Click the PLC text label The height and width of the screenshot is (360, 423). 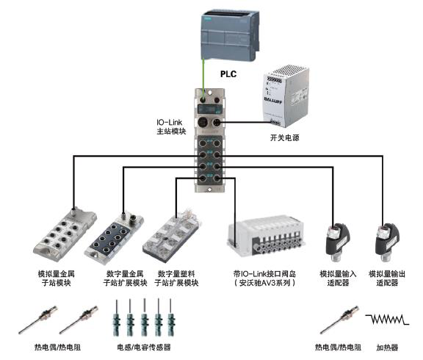pos(228,73)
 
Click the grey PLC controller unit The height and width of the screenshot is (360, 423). pos(230,35)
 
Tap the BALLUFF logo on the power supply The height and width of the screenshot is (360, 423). pos(272,101)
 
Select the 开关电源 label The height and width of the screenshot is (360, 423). pos(285,137)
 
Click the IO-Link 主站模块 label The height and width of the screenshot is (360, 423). pos(171,126)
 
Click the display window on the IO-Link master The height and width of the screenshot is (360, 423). pos(210,109)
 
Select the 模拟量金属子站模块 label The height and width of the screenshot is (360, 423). pos(56,278)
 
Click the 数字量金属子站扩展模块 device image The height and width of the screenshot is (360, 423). pos(114,237)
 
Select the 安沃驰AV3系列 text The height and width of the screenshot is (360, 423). pos(264,283)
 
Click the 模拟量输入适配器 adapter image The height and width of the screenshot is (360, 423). pos(337,242)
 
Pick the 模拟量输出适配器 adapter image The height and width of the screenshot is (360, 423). pos(387,242)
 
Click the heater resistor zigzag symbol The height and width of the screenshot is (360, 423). pos(387,319)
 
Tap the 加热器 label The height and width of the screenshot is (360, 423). pos(387,348)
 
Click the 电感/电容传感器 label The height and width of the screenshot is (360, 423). pos(144,347)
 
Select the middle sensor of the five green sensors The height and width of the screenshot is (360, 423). pos(145,317)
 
